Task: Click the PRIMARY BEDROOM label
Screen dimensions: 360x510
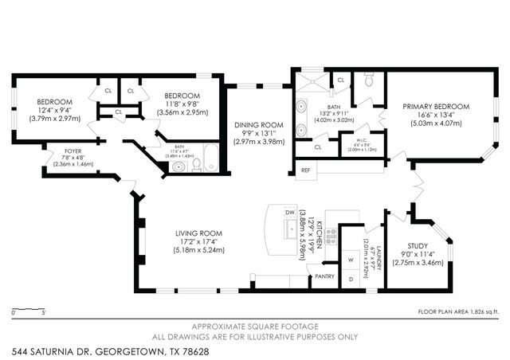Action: tap(435, 106)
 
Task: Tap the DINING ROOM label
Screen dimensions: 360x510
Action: tap(258, 124)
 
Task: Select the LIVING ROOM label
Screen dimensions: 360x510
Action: tap(197, 233)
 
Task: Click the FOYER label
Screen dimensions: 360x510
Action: tap(61, 150)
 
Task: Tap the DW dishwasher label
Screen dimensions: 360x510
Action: tap(290, 213)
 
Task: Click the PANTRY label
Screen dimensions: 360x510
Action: tap(324, 276)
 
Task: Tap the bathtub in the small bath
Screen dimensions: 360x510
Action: tap(210, 158)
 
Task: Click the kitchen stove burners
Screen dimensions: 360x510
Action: tap(331, 236)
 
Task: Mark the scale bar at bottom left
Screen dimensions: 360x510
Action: tap(28, 307)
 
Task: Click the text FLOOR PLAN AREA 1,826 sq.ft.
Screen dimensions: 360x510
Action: tap(457, 311)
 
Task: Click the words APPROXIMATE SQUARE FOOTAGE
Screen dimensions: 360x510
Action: tap(255, 327)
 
